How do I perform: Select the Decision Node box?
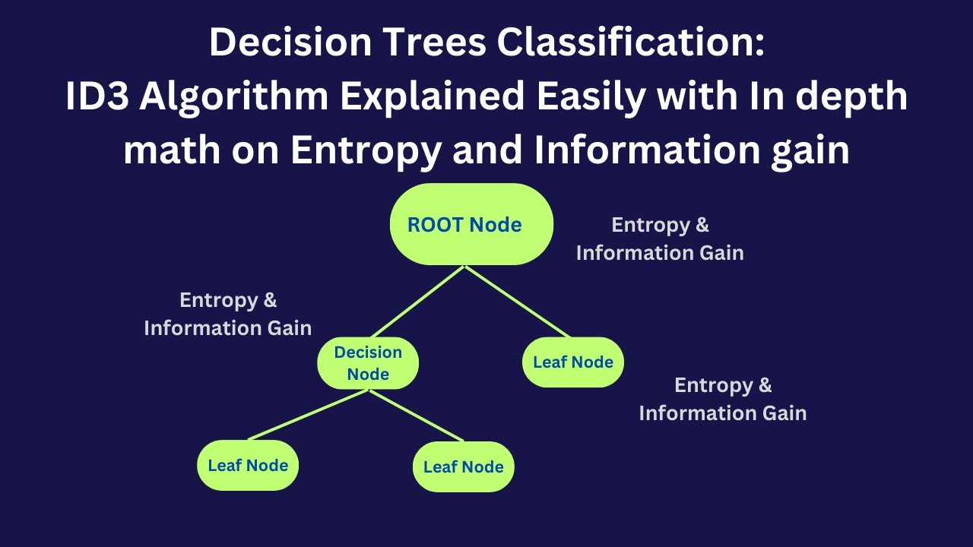tap(368, 363)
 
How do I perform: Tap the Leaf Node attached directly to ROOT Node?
tap(572, 362)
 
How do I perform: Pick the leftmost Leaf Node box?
tap(248, 465)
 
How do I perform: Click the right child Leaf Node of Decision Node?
tap(463, 466)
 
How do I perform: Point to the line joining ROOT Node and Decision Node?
tap(417, 303)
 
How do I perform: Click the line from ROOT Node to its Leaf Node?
tap(517, 302)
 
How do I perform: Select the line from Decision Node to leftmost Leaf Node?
tap(309, 415)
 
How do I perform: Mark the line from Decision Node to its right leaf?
tap(416, 416)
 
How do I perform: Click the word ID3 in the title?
tap(95, 96)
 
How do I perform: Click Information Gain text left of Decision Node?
tap(227, 328)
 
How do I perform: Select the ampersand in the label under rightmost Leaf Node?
tap(763, 385)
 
